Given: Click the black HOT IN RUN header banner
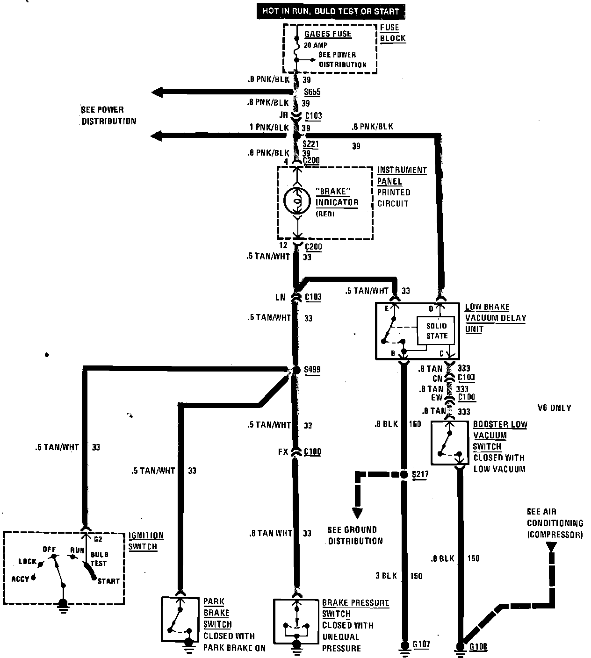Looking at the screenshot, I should (330, 11).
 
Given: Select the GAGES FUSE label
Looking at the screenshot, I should (328, 34).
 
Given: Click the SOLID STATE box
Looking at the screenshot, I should (437, 331).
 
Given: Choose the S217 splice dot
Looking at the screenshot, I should (404, 475).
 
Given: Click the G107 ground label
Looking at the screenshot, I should (421, 645).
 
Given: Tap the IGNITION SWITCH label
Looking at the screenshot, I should (146, 541).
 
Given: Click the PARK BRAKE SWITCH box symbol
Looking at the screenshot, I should (177, 619).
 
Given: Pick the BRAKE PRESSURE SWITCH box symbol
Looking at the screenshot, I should (295, 621).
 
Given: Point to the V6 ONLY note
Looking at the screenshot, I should (554, 408).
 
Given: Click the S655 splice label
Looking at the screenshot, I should (312, 92).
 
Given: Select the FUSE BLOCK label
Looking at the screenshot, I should (392, 33).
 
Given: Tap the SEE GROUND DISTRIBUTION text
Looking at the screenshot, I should (355, 535).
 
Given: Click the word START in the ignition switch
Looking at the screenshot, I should (108, 581).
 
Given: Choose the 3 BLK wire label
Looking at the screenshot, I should (386, 576).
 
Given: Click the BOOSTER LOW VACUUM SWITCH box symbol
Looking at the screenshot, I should (449, 443).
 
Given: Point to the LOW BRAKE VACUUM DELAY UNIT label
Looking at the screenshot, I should (495, 318).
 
